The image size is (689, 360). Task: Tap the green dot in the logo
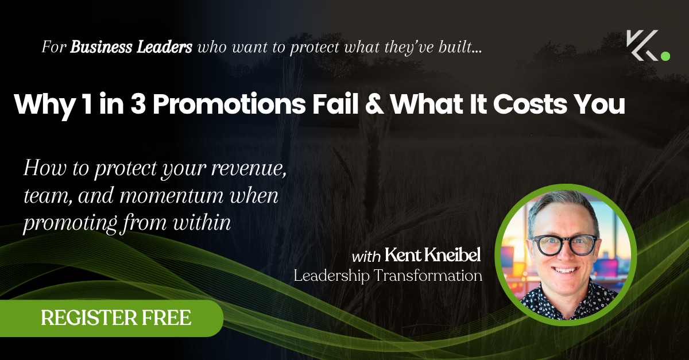pyautogui.click(x=665, y=56)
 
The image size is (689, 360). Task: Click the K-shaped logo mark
pyautogui.click(x=642, y=45)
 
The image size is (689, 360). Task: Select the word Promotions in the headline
pyautogui.click(x=229, y=104)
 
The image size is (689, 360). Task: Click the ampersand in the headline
pyautogui.click(x=374, y=104)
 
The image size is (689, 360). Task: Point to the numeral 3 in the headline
pyautogui.click(x=138, y=104)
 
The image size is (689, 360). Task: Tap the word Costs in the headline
pyautogui.click(x=530, y=104)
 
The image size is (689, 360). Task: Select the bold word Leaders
pyautogui.click(x=164, y=47)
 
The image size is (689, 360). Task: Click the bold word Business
pyautogui.click(x=101, y=47)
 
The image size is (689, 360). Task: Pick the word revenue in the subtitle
pyautogui.click(x=249, y=169)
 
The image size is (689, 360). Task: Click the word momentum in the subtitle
pyautogui.click(x=171, y=196)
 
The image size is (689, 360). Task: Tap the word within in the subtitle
pyautogui.click(x=202, y=222)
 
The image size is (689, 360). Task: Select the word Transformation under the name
pyautogui.click(x=428, y=276)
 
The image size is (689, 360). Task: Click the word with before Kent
pyautogui.click(x=366, y=257)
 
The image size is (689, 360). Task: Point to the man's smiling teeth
pyautogui.click(x=565, y=270)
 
